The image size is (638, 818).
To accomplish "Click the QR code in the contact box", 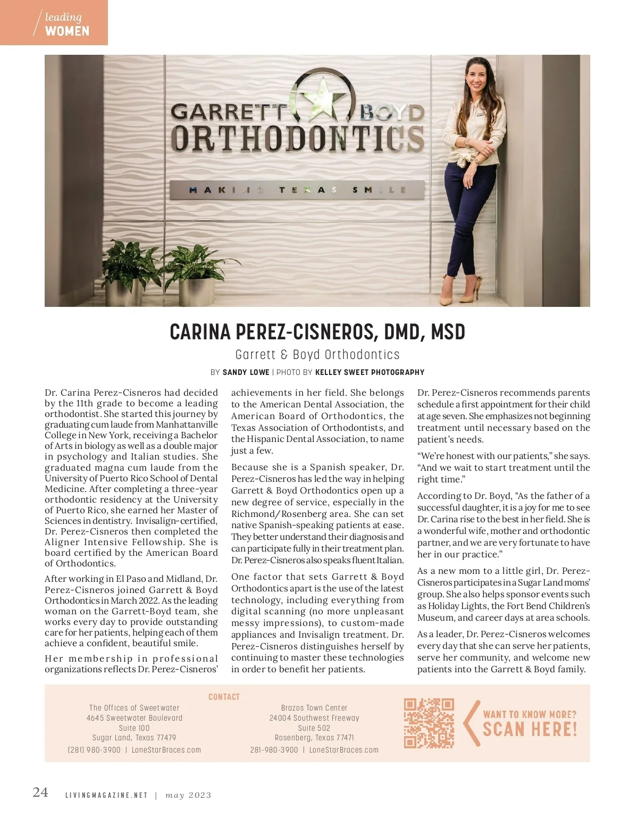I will click(429, 723).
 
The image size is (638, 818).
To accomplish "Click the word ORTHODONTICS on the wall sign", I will click(297, 138).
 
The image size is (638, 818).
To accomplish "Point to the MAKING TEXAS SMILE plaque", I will click(297, 190).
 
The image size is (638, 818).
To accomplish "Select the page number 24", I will click(40, 792).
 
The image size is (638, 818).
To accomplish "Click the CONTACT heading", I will click(224, 697).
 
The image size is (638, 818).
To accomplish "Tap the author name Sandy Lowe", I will click(246, 372).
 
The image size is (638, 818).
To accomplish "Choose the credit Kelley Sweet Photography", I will click(370, 372).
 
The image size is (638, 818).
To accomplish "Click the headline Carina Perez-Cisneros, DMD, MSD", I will click(317, 332).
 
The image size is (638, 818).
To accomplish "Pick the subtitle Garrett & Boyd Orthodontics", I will click(317, 355).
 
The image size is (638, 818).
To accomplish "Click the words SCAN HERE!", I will click(530, 729).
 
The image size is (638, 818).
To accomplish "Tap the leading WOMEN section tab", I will click(54, 23).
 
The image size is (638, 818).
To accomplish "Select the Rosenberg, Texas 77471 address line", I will click(314, 738).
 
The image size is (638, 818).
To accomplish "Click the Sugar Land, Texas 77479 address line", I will click(135, 738).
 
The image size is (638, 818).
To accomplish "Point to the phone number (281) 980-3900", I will click(94, 750).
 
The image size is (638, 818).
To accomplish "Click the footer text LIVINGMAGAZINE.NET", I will click(106, 796).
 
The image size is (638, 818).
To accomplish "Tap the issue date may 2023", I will click(188, 796).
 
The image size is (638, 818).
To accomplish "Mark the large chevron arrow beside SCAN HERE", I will click(471, 723).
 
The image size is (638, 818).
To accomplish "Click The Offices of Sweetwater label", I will click(135, 708).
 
